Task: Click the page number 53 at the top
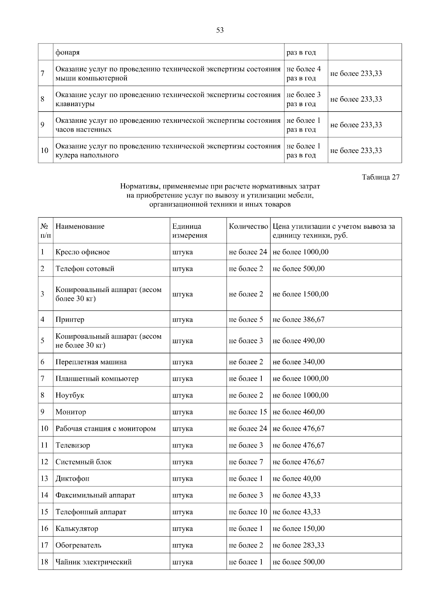[220, 30]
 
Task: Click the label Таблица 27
[381, 177]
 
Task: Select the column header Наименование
[80, 227]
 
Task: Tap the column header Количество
[248, 227]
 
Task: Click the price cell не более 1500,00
[300, 294]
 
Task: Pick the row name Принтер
[70, 320]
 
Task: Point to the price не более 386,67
[299, 320]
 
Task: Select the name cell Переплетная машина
[91, 362]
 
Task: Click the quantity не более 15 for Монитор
[248, 412]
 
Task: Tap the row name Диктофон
[72, 479]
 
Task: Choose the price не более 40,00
[296, 479]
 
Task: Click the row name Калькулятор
[77, 528]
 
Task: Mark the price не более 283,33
[299, 545]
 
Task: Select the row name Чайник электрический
[93, 562]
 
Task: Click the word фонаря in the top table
[67, 52]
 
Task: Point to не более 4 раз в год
[304, 74]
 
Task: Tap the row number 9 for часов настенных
[42, 125]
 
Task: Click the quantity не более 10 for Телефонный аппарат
[248, 512]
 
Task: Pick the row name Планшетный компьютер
[97, 379]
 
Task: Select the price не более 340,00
[299, 362]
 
